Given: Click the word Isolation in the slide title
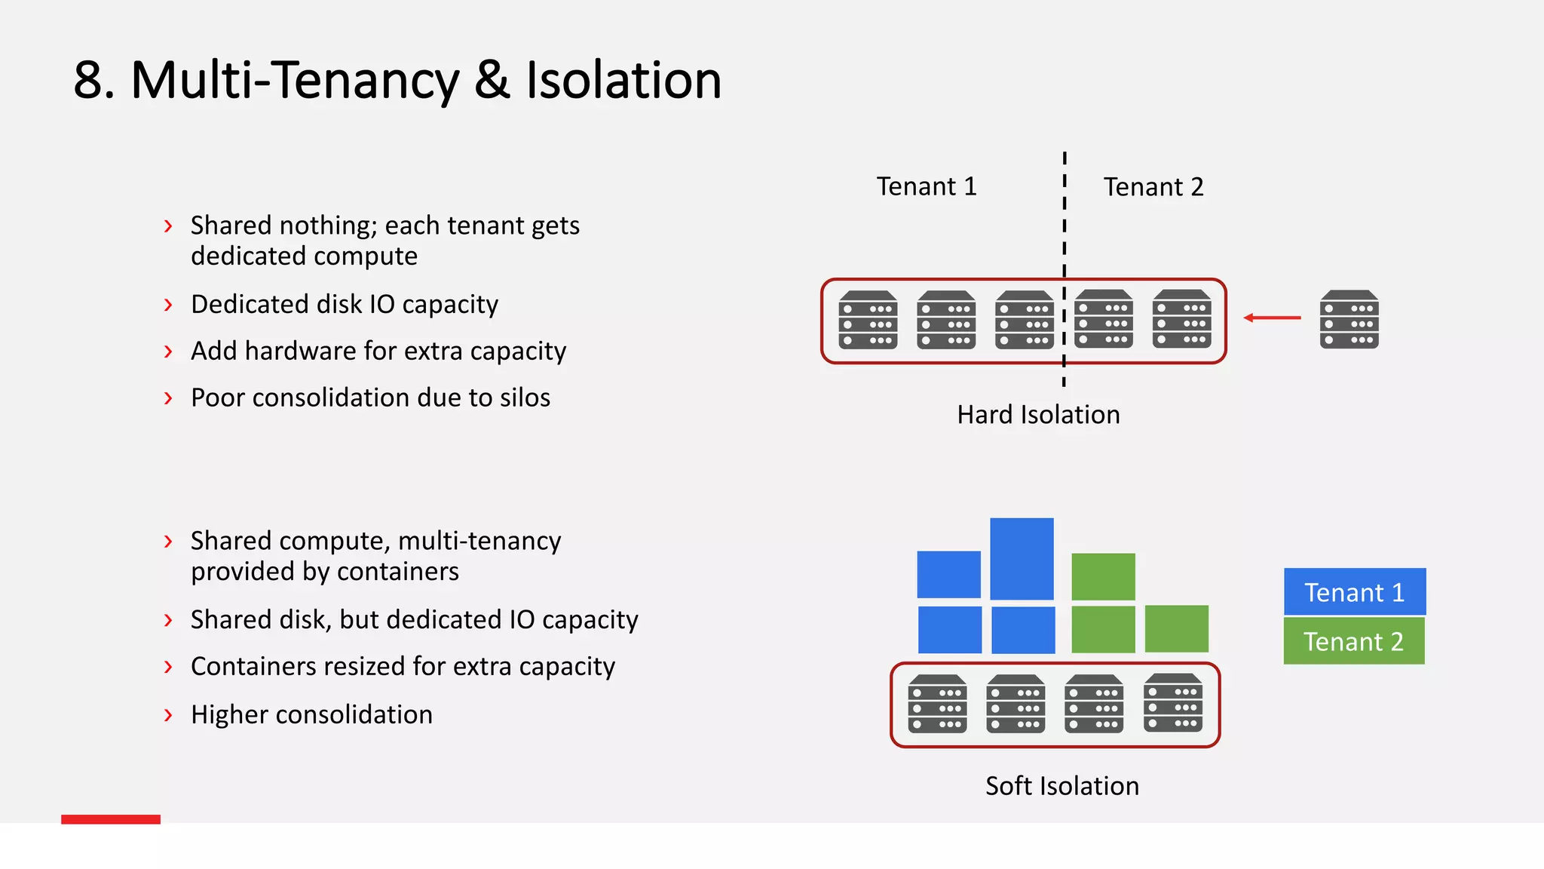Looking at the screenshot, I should [x=623, y=80].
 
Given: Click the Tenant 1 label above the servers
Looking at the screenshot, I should [x=926, y=186].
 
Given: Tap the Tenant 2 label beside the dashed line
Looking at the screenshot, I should [x=1153, y=187].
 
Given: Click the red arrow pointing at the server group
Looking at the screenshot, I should [x=1272, y=318].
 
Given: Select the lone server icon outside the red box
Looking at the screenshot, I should [x=1349, y=320].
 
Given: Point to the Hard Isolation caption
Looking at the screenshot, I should [x=1038, y=415].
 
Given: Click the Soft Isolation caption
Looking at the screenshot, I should [x=1061, y=786].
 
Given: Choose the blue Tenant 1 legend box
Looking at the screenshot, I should [x=1354, y=592].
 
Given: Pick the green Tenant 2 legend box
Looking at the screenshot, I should [x=1353, y=641].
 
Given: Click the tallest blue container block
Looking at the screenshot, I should [x=1022, y=559].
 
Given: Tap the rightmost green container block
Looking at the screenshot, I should [x=1176, y=628].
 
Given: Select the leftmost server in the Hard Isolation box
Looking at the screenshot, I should [x=868, y=320].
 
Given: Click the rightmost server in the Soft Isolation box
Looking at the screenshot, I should [x=1172, y=703].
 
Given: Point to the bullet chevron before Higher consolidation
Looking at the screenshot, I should [x=168, y=714].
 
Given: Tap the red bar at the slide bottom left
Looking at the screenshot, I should [x=111, y=819].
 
